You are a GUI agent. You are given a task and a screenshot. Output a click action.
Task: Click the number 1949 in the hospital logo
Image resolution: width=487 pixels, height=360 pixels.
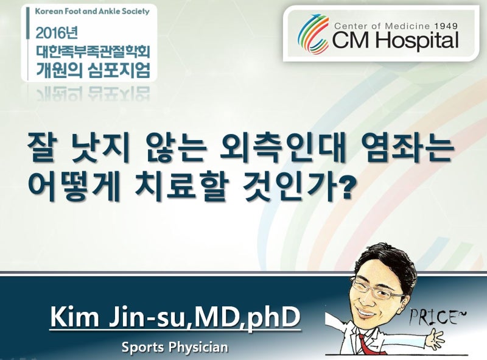[446, 26]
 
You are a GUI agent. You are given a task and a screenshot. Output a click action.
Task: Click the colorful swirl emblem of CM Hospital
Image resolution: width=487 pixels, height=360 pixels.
[313, 34]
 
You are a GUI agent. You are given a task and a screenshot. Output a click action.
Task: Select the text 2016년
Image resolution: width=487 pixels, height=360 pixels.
[57, 33]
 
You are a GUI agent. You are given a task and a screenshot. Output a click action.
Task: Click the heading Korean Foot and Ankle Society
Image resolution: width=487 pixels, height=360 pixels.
[93, 12]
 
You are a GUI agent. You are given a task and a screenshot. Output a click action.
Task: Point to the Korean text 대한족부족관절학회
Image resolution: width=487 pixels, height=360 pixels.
[93, 52]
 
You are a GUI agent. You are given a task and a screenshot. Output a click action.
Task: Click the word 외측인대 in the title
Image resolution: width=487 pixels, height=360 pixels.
[282, 149]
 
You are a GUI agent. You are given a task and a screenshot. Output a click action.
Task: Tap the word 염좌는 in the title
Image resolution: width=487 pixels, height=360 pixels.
[408, 149]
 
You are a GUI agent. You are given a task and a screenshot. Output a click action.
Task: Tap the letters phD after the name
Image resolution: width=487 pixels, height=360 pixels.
[273, 317]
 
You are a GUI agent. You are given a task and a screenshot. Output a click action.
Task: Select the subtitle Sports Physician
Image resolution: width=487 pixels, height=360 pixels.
[175, 347]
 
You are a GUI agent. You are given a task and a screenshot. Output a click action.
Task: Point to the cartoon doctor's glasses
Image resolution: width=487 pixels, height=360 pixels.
[381, 291]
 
